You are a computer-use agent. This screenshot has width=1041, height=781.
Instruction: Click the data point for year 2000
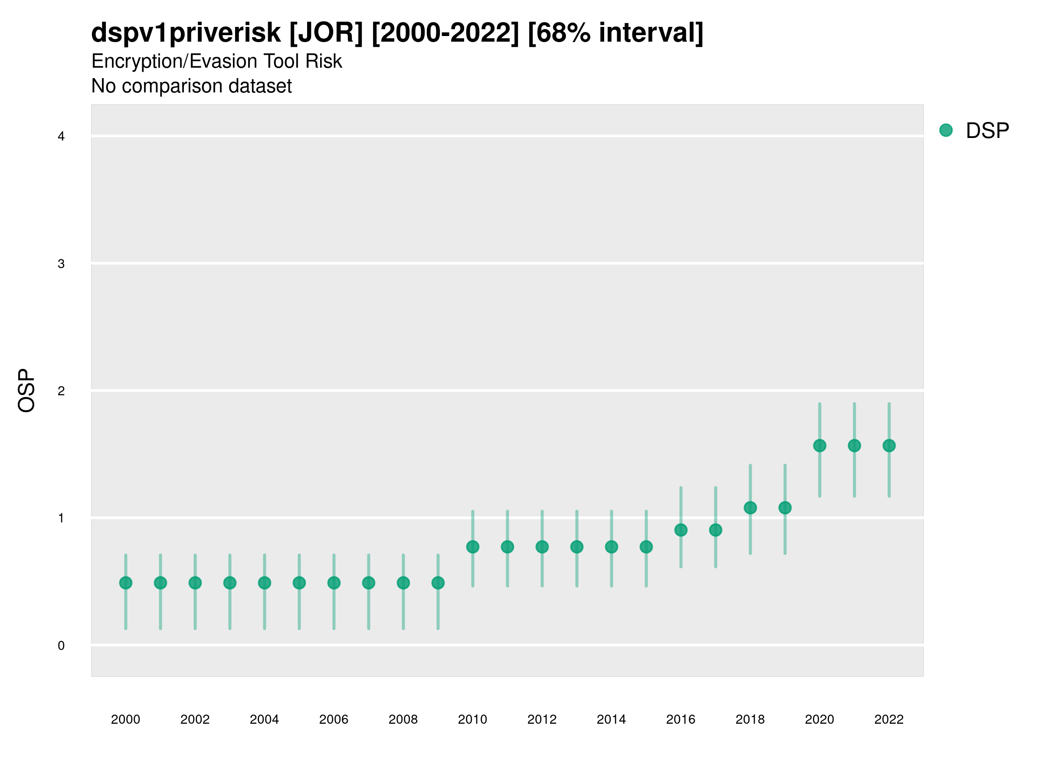[x=126, y=583]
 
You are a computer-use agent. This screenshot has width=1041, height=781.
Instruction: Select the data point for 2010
[x=472, y=547]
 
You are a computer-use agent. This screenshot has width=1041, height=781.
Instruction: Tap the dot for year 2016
[x=681, y=530]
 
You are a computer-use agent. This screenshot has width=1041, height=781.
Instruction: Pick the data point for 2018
[x=750, y=508]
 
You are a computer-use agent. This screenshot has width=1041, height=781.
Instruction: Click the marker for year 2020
[x=819, y=445]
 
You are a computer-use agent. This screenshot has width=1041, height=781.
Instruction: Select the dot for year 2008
[x=403, y=583]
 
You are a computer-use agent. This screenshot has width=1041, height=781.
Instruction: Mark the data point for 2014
[x=611, y=547]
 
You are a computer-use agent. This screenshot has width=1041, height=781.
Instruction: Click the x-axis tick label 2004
[x=264, y=719]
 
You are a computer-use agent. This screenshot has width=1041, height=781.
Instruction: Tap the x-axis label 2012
[x=542, y=719]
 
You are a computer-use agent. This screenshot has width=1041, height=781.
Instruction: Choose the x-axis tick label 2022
[x=888, y=719]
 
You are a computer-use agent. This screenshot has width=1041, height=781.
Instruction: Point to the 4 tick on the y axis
[x=61, y=137]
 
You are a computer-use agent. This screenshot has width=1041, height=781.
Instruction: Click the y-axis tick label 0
[x=61, y=646]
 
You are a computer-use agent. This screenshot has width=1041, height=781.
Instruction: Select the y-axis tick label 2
[x=61, y=391]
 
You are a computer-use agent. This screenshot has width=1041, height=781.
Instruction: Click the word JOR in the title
[x=326, y=33]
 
